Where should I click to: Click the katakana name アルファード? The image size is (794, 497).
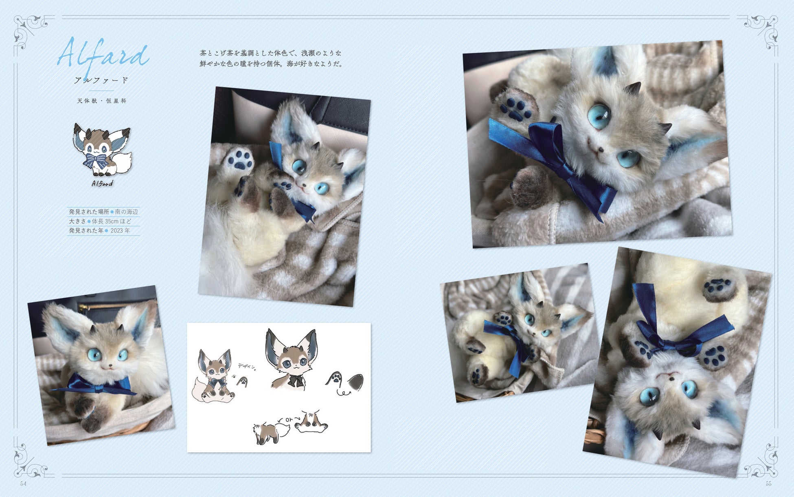tap(101, 80)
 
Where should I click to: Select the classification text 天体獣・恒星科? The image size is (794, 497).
tap(102, 101)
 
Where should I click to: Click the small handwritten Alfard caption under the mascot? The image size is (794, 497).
tap(102, 183)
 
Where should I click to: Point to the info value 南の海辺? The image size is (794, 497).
tap(127, 212)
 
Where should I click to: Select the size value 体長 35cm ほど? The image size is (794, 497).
tap(112, 221)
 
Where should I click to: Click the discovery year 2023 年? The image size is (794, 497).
tap(120, 231)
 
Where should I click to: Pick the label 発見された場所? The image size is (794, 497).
tap(89, 212)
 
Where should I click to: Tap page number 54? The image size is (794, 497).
tap(23, 484)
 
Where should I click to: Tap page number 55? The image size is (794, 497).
tap(769, 484)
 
